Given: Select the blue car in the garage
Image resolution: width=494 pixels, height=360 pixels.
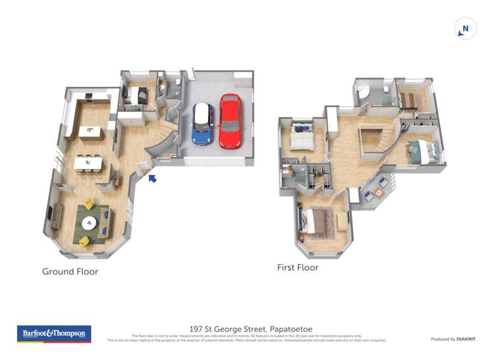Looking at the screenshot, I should pos(202,123).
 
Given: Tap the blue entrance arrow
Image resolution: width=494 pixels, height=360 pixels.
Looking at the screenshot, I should pos(152,177).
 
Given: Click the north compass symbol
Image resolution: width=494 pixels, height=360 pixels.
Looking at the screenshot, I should pos(465,28).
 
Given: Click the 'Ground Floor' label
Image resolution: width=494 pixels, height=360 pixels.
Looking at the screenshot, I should pos(70,271).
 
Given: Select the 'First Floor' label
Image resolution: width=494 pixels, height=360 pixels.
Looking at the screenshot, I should pos(298,268).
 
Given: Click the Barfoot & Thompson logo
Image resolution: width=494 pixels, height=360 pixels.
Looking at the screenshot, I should pos(53,334).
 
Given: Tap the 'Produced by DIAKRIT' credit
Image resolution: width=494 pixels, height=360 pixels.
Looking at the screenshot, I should pos(453,338).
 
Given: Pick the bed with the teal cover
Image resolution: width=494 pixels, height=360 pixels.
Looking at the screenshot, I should pos(420,152).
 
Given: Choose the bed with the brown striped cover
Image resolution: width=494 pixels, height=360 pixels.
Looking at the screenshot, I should pos(408,100).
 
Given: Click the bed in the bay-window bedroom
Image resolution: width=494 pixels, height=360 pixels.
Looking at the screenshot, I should pos(314,222).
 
